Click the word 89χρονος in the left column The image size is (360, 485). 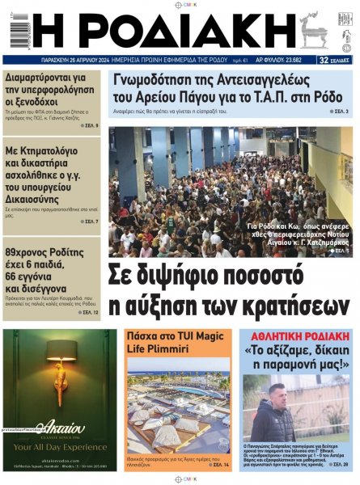[x=33, y=251]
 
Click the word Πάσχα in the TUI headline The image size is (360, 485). [x=144, y=335]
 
